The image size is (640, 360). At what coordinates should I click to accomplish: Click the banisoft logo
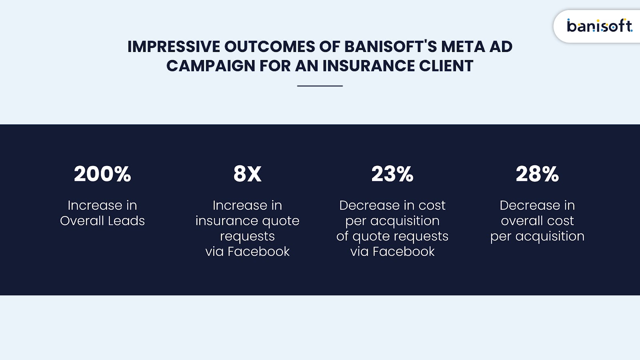tap(600, 26)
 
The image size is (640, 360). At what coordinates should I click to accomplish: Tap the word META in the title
tap(463, 46)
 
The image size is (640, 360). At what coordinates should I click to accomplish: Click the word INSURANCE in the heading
tap(368, 66)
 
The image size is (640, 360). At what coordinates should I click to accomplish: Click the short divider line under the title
tap(320, 86)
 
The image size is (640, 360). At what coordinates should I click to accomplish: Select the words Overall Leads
tap(102, 221)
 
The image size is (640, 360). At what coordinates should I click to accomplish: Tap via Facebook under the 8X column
tap(248, 252)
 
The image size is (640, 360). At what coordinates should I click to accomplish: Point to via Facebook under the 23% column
tap(392, 252)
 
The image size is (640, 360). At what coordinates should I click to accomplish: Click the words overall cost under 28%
tap(537, 221)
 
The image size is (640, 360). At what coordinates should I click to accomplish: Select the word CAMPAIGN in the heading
tap(210, 66)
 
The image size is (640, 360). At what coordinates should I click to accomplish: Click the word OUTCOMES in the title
tap(270, 46)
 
